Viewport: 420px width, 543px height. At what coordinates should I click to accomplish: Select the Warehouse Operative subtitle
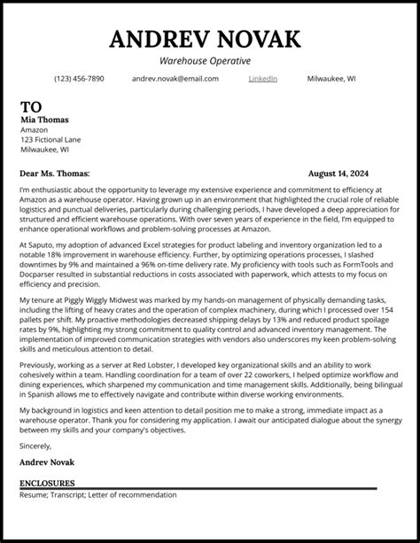pyautogui.click(x=210, y=60)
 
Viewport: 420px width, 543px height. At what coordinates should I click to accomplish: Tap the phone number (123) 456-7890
pyautogui.click(x=79, y=79)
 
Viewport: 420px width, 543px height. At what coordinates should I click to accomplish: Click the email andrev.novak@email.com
pyautogui.click(x=175, y=79)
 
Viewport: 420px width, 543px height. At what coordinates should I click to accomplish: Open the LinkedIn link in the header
pyautogui.click(x=262, y=79)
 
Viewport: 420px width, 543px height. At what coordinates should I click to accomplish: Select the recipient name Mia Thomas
pyautogui.click(x=43, y=119)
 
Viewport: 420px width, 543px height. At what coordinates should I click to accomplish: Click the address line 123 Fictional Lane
pyautogui.click(x=50, y=139)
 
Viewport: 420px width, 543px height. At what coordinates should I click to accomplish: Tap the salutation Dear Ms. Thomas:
pyautogui.click(x=54, y=175)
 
